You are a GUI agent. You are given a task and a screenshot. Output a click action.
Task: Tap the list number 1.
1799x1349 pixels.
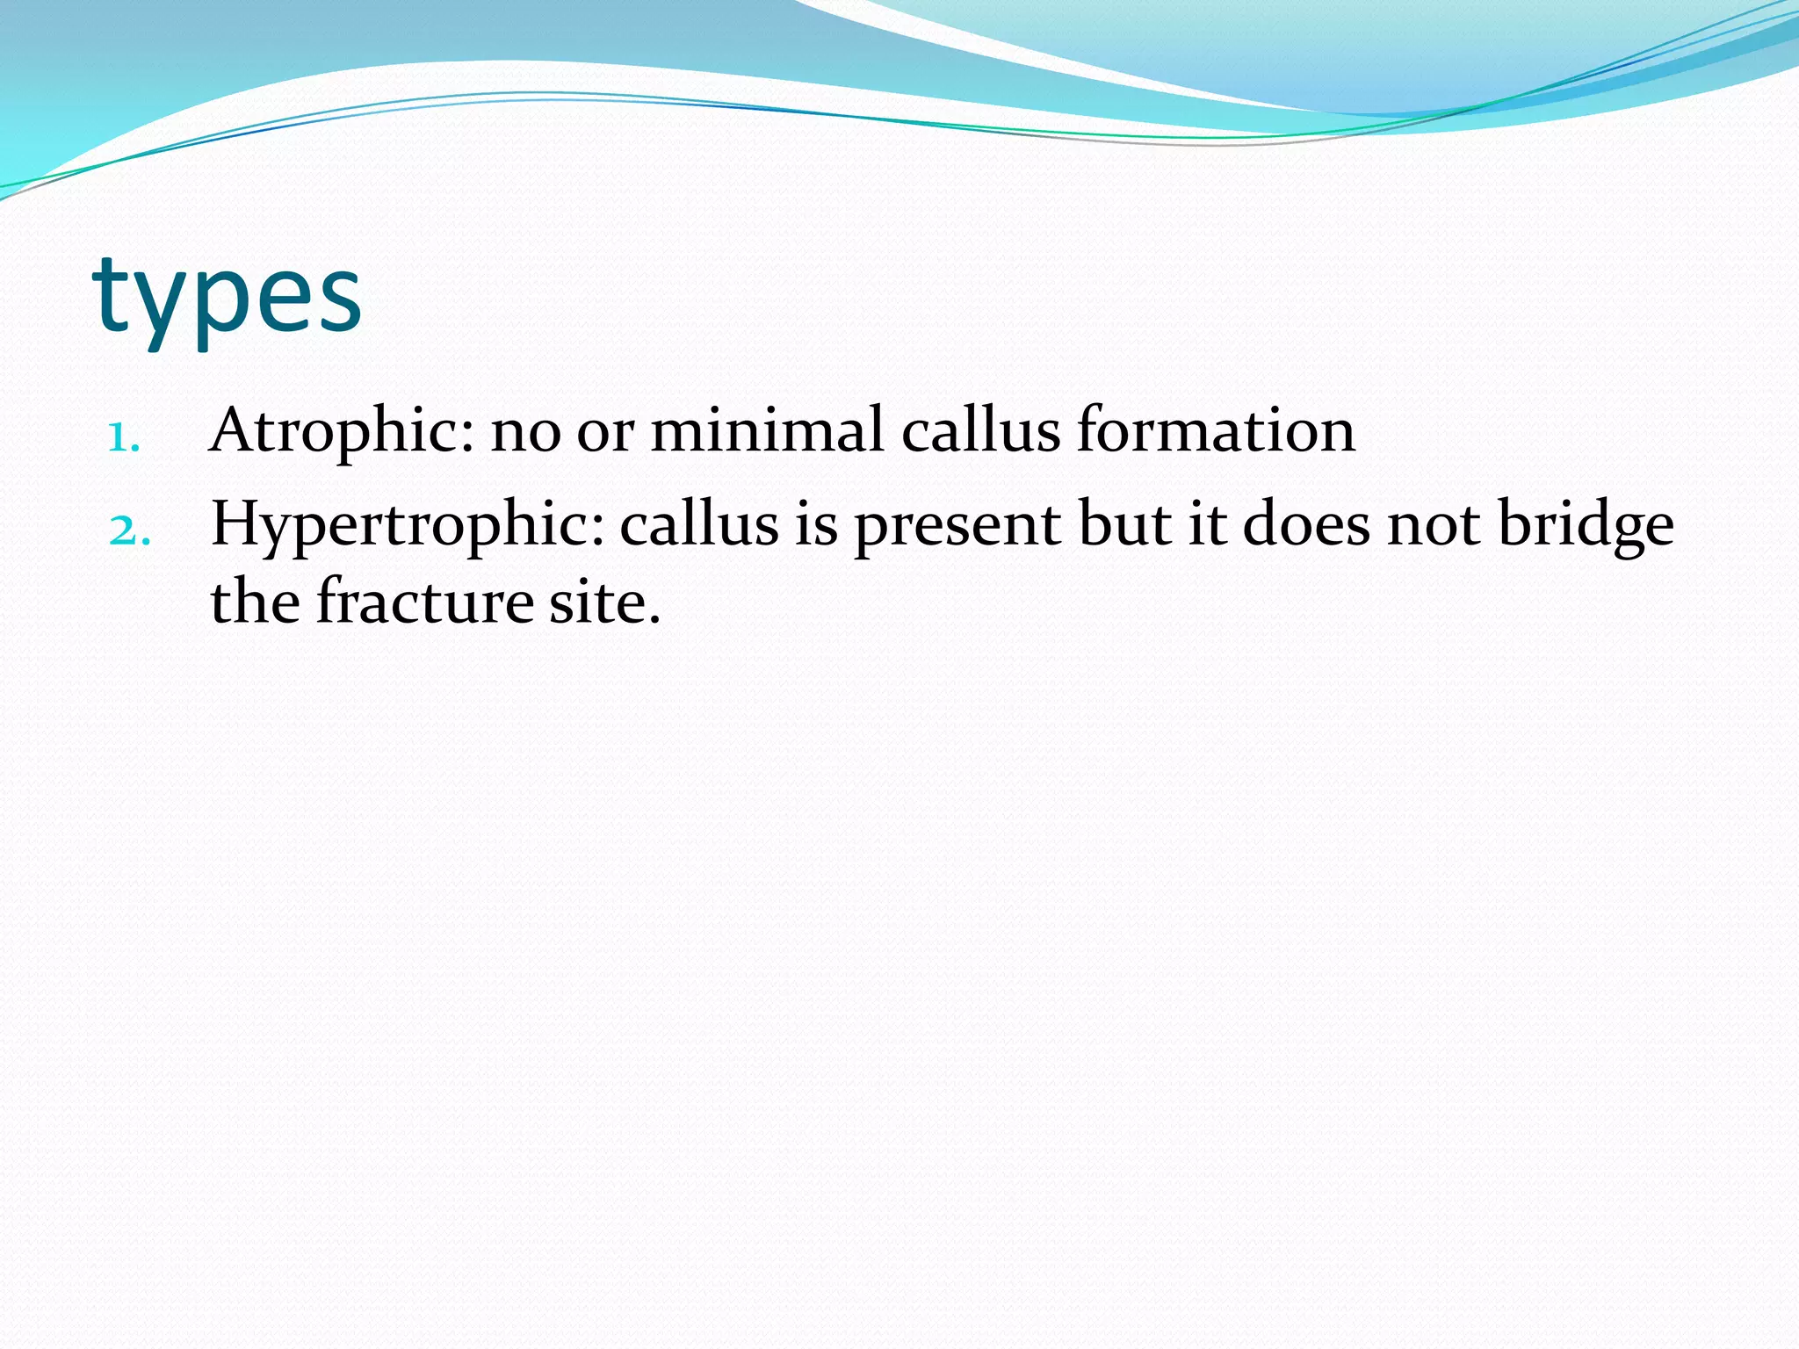(x=124, y=436)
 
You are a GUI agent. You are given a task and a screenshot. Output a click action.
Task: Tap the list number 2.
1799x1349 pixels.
(x=129, y=530)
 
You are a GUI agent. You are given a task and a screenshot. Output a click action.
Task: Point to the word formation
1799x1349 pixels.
(x=1216, y=430)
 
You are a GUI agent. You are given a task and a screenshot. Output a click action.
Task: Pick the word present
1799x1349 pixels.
(x=957, y=525)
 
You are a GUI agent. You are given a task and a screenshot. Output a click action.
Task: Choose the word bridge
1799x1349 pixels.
(x=1586, y=525)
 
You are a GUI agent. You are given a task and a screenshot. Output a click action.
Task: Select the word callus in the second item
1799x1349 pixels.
(x=699, y=525)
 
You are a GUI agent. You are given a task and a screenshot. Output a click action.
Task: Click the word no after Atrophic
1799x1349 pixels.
(x=525, y=432)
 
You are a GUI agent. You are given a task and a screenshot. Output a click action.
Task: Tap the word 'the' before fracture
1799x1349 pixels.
(x=255, y=602)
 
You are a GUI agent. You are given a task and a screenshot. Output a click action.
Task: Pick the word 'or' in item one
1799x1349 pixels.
(x=605, y=432)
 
